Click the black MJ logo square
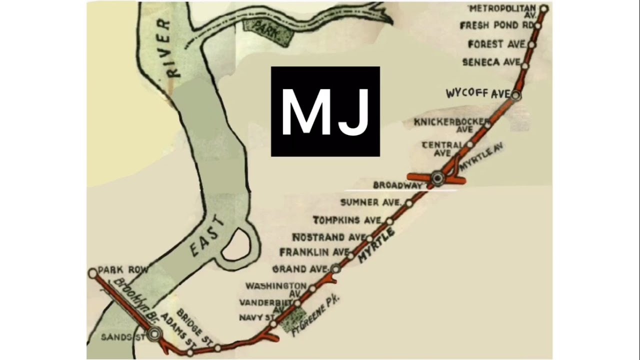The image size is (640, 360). coord(325,111)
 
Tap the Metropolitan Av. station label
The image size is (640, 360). coord(502,10)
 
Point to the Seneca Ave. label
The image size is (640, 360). coord(491,62)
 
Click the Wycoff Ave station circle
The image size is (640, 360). coord(516,95)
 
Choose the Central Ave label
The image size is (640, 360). coord(442,148)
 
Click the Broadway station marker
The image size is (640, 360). coord(438,177)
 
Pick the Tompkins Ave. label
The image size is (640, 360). coord(347,220)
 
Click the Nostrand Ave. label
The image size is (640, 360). coord(329,236)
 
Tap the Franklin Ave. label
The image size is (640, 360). coord(314,251)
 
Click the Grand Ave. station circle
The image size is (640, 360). coord(335,268)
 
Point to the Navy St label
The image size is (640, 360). coord(256,317)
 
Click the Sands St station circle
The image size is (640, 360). coord(155,333)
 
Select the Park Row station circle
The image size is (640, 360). coord(92,273)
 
